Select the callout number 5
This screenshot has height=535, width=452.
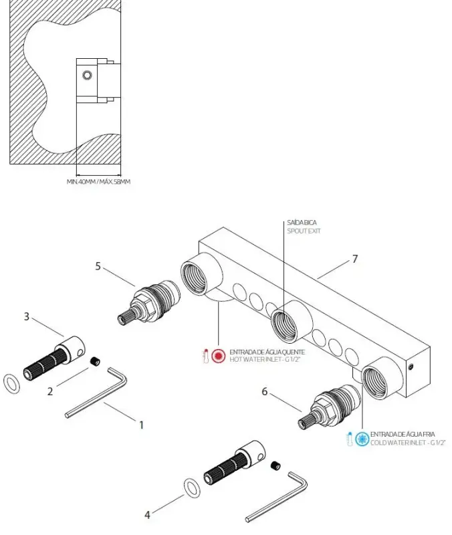(98, 265)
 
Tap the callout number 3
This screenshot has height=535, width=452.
(27, 316)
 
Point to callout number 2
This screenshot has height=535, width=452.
(49, 392)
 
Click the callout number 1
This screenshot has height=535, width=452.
(141, 424)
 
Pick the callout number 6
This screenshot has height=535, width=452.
(265, 392)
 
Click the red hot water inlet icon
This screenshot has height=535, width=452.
(218, 356)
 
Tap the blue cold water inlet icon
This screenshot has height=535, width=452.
(362, 439)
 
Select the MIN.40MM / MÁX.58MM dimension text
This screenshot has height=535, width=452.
(98, 181)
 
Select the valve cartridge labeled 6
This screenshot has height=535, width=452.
(327, 407)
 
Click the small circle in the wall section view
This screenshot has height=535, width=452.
(86, 75)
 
